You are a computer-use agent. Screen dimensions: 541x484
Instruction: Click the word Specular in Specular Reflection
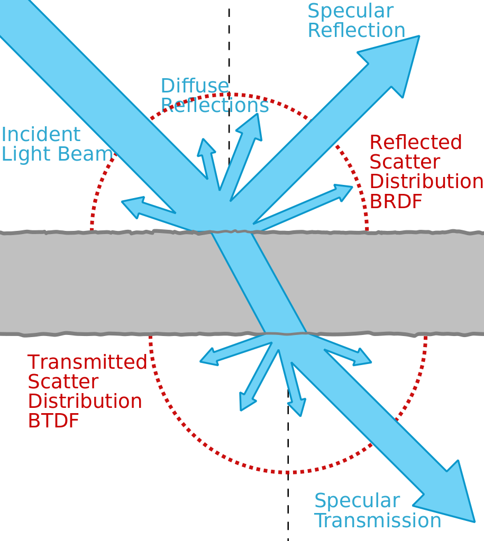coord(351,12)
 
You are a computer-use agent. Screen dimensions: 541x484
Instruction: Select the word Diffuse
coord(195,86)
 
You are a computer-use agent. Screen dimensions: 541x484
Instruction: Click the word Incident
coord(41,135)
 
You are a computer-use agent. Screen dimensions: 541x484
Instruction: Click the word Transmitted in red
coord(87,362)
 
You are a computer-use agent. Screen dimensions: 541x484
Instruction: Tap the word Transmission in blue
coord(378,521)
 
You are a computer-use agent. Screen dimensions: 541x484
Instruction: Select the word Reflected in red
coord(416,142)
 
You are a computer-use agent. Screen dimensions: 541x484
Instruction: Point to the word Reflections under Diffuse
coord(215,106)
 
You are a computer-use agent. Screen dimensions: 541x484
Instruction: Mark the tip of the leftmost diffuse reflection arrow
coord(123,202)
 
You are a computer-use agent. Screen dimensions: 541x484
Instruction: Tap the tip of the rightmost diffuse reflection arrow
coord(351,186)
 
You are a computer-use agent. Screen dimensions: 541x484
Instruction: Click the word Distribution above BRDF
coord(426,181)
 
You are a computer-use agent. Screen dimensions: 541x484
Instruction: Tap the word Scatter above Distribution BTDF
coord(63,382)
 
